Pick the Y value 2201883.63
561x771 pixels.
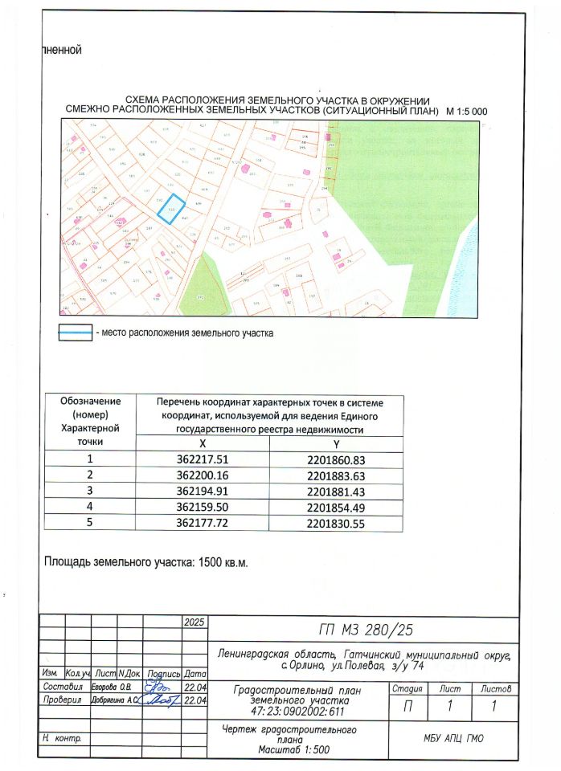pyautogui.click(x=336, y=475)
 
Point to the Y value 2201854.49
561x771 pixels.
pyautogui.click(x=336, y=505)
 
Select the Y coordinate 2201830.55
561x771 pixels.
pyautogui.click(x=336, y=521)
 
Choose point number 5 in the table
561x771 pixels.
pyautogui.click(x=90, y=521)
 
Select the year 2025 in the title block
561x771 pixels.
pyautogui.click(x=195, y=622)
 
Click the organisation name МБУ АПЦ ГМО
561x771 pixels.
pyautogui.click(x=454, y=739)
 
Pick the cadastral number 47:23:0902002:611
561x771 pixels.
pyautogui.click(x=297, y=712)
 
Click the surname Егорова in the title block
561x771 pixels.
pyautogui.click(x=105, y=687)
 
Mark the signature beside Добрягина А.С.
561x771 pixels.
pyautogui.click(x=161, y=701)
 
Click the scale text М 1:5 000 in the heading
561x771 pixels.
pyautogui.click(x=466, y=111)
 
